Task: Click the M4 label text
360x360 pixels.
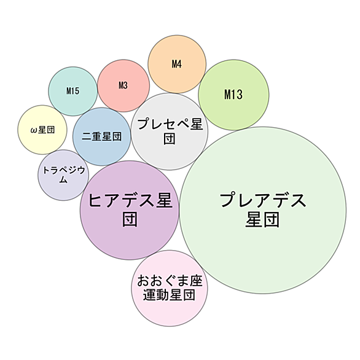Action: pos(177,64)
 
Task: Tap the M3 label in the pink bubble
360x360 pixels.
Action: pos(123,85)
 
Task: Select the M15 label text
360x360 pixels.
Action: pos(73,91)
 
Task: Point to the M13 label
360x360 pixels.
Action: pos(233,95)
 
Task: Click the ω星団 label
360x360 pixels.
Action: pos(43,130)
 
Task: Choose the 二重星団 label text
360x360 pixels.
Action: pos(102,136)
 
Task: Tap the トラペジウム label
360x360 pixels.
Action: pos(64,175)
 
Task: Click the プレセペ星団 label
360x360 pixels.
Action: pos(170,131)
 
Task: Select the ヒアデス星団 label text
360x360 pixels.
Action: pos(130,210)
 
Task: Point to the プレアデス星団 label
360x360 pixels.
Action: pos(263,210)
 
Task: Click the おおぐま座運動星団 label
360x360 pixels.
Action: pos(170,288)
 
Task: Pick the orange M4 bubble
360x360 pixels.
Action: pos(177,65)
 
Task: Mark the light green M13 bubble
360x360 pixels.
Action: pos(233,95)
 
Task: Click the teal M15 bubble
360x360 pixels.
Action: pos(73,92)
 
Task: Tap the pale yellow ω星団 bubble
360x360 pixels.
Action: pos(42,130)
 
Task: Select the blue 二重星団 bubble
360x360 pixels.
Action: pos(102,136)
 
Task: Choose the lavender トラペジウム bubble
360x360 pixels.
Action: pos(63,175)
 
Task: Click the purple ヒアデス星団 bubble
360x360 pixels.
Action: pos(130,210)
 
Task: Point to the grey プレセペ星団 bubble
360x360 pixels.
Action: pos(170,131)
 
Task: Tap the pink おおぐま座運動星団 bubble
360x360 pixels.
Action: pos(170,288)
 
